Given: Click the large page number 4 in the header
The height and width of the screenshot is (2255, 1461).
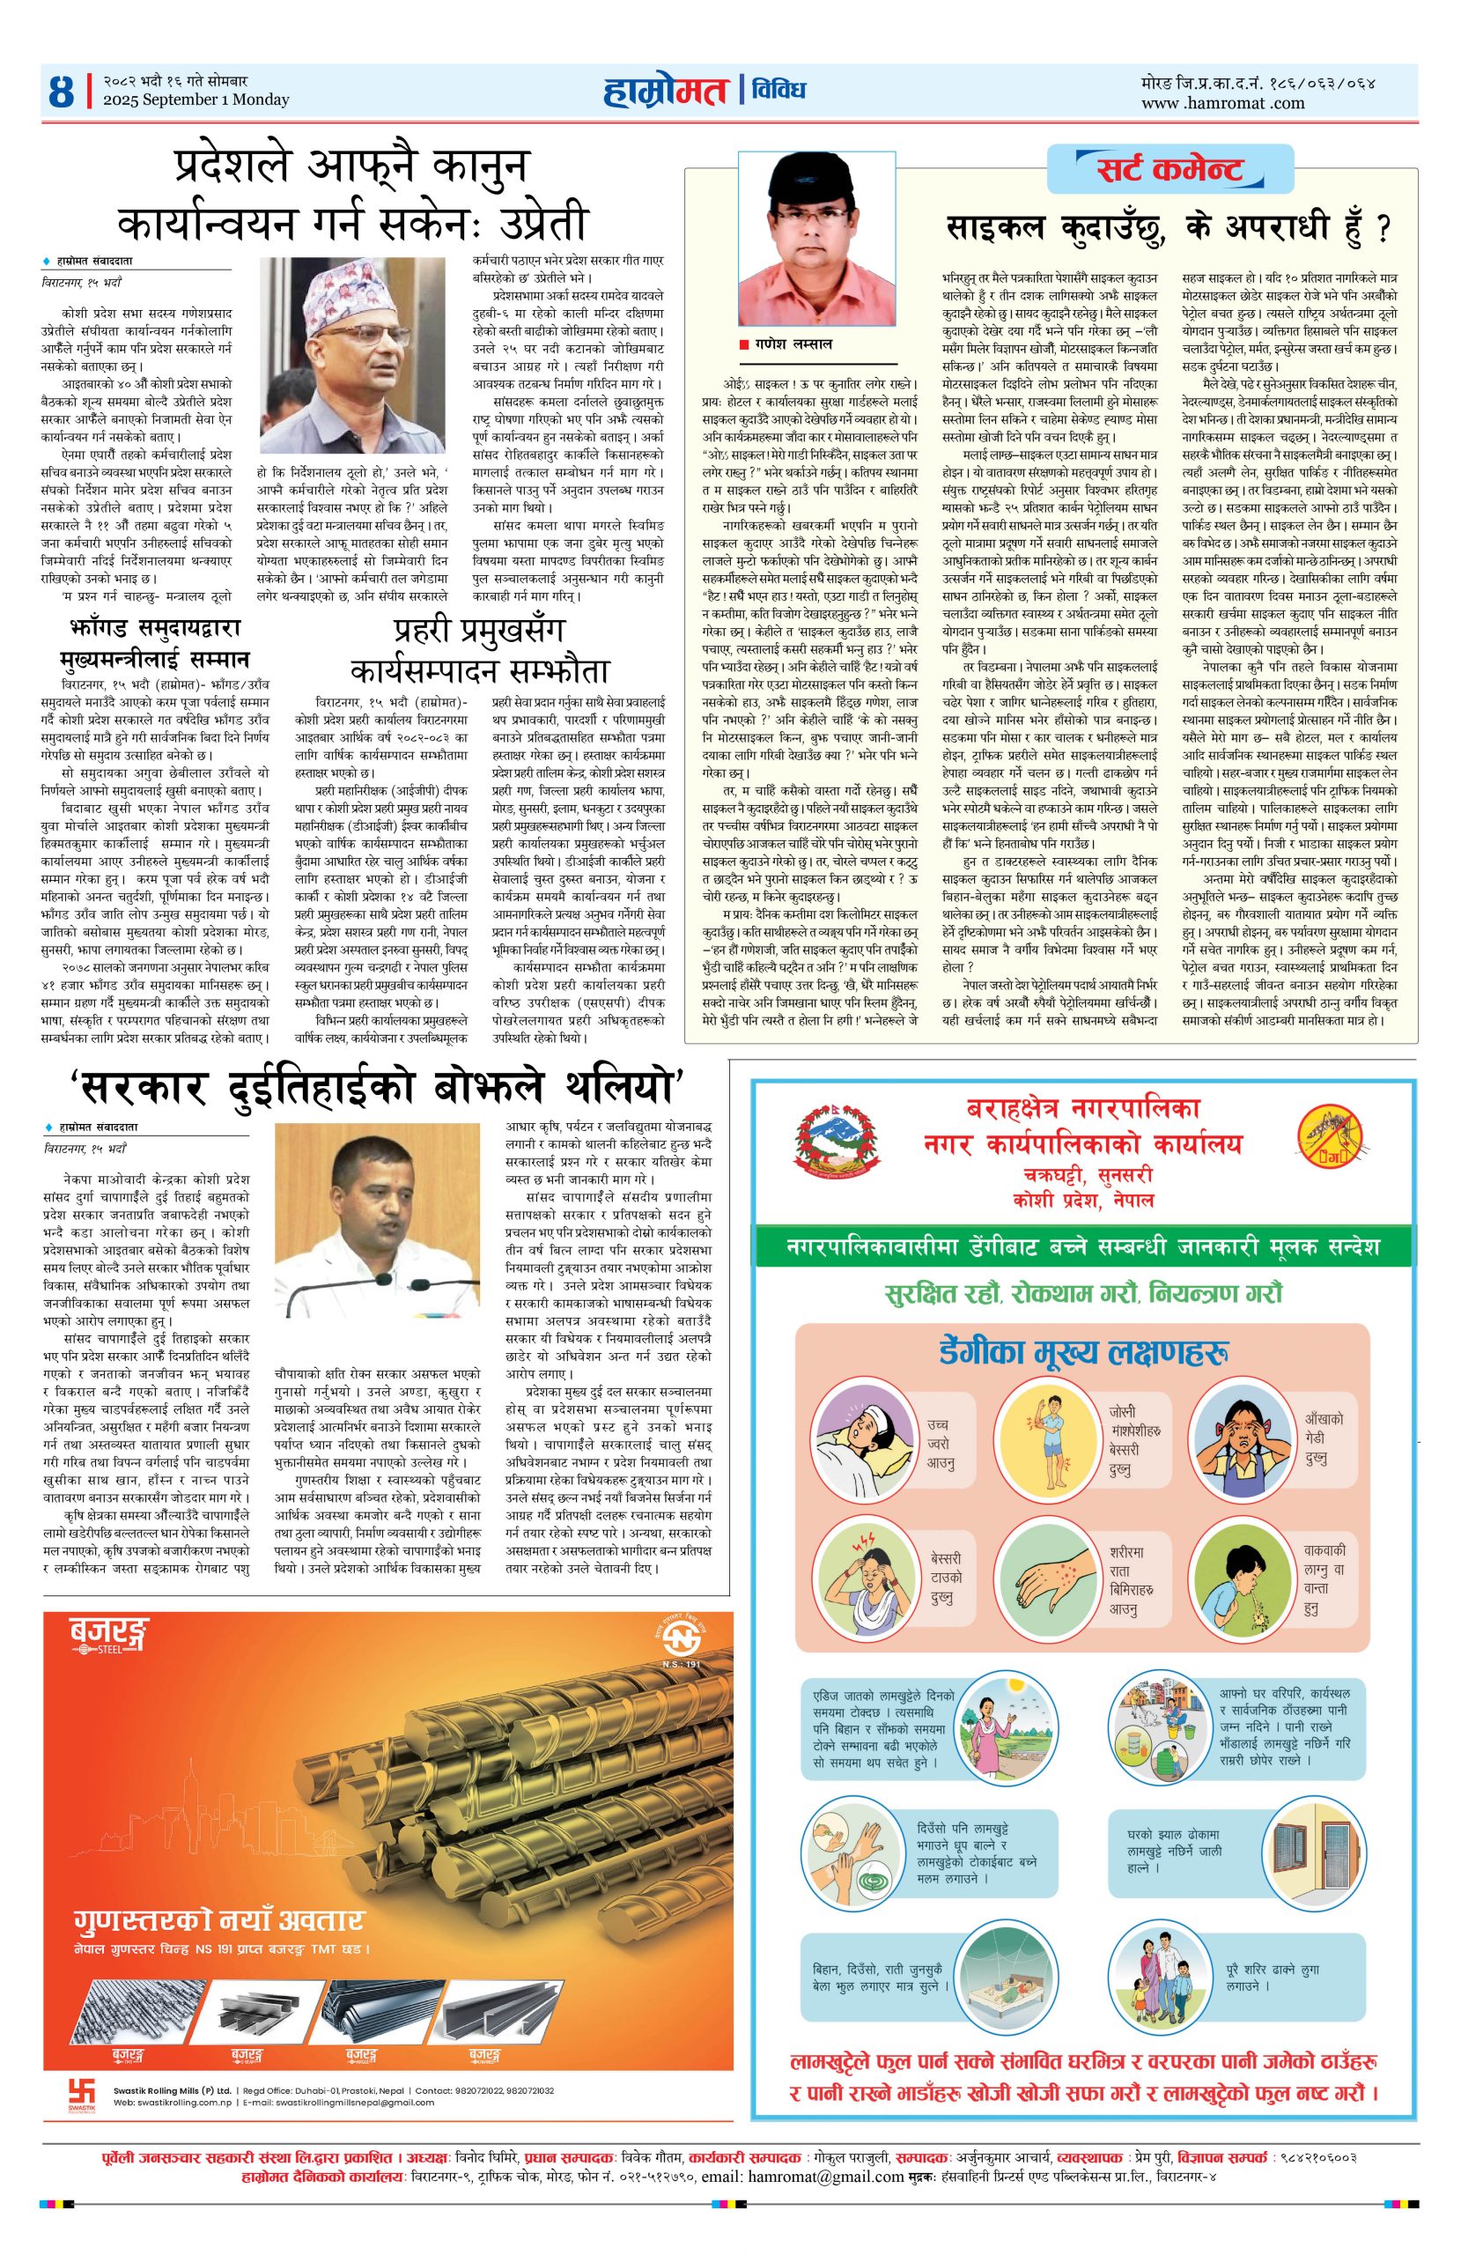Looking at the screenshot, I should click(x=61, y=92).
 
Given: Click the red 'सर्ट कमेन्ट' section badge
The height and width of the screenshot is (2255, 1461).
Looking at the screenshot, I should click(x=1170, y=170).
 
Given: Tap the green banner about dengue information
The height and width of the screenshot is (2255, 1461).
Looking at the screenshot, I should click(x=1082, y=1247).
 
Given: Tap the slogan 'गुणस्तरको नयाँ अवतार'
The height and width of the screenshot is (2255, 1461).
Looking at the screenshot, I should click(x=218, y=1919).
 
